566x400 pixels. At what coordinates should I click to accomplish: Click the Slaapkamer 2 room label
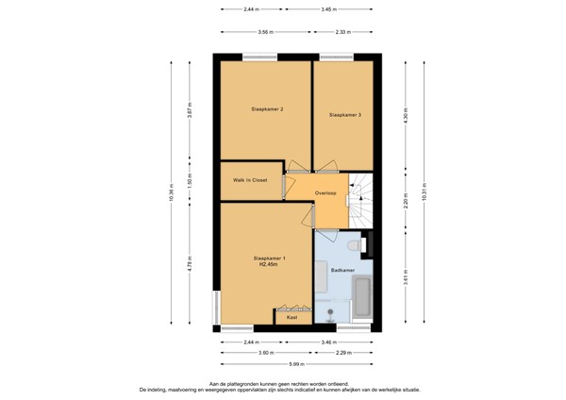point(267,109)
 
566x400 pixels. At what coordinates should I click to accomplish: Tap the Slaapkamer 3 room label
point(344,114)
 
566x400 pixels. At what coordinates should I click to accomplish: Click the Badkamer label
point(342,270)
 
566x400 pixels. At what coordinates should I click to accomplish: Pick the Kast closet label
point(292,319)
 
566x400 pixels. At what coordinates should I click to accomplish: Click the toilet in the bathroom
point(353,244)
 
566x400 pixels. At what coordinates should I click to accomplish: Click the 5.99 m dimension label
point(297,365)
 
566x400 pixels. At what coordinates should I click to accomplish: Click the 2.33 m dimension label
point(343,32)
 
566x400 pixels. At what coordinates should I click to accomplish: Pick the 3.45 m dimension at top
point(326,9)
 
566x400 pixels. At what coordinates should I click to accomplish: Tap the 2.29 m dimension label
point(344,353)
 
